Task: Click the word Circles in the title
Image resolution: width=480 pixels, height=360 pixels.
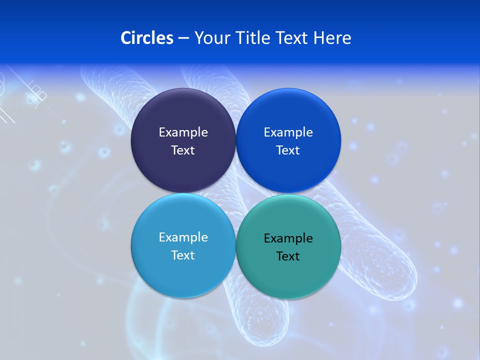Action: point(147,38)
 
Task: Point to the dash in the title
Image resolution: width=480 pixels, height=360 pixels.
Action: point(183,38)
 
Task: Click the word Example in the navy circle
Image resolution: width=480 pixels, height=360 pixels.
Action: point(183,132)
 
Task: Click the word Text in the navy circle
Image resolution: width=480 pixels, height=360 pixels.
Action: point(183,150)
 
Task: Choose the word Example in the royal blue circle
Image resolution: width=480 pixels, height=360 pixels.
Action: point(288,132)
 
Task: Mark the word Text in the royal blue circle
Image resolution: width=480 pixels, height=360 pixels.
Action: point(288,150)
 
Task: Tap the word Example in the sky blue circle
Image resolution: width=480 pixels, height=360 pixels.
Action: point(183,237)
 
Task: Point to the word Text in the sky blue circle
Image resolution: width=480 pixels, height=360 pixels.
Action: point(183,255)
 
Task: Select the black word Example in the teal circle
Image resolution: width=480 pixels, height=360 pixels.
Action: point(288,238)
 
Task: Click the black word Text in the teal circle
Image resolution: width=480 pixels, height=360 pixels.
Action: point(288,256)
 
